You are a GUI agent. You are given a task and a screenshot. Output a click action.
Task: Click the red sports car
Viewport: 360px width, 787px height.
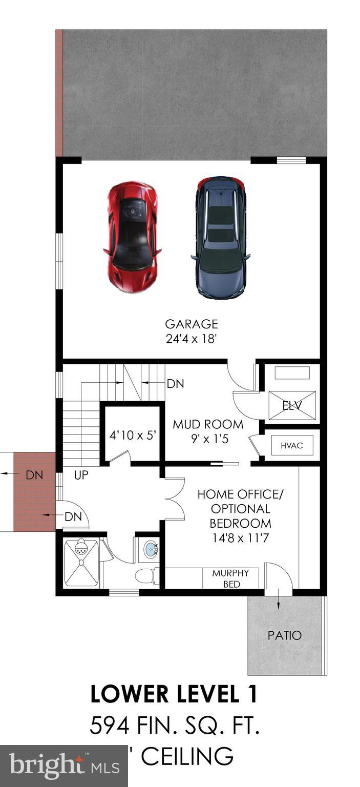click(133, 237)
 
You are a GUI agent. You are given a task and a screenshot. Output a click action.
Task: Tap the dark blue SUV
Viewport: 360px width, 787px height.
click(220, 237)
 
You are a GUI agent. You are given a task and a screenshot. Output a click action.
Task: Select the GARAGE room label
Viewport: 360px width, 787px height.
click(192, 324)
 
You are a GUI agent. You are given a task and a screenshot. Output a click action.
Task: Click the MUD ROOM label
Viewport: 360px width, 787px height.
click(208, 425)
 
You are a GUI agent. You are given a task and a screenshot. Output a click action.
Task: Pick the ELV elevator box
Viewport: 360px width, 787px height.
click(292, 406)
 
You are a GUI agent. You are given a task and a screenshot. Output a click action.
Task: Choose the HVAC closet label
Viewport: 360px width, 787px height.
click(291, 445)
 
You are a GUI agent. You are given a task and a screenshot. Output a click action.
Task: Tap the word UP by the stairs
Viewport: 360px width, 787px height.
click(81, 475)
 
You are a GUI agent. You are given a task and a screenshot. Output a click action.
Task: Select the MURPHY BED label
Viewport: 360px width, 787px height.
click(231, 578)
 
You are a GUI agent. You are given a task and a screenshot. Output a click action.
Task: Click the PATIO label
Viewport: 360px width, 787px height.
click(285, 635)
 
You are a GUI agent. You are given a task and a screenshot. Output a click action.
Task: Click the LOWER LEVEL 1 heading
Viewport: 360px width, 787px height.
click(174, 694)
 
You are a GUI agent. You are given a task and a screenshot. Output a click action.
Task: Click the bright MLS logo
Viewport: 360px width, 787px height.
click(65, 767)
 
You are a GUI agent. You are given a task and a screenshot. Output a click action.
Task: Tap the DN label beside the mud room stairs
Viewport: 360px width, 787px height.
click(176, 383)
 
